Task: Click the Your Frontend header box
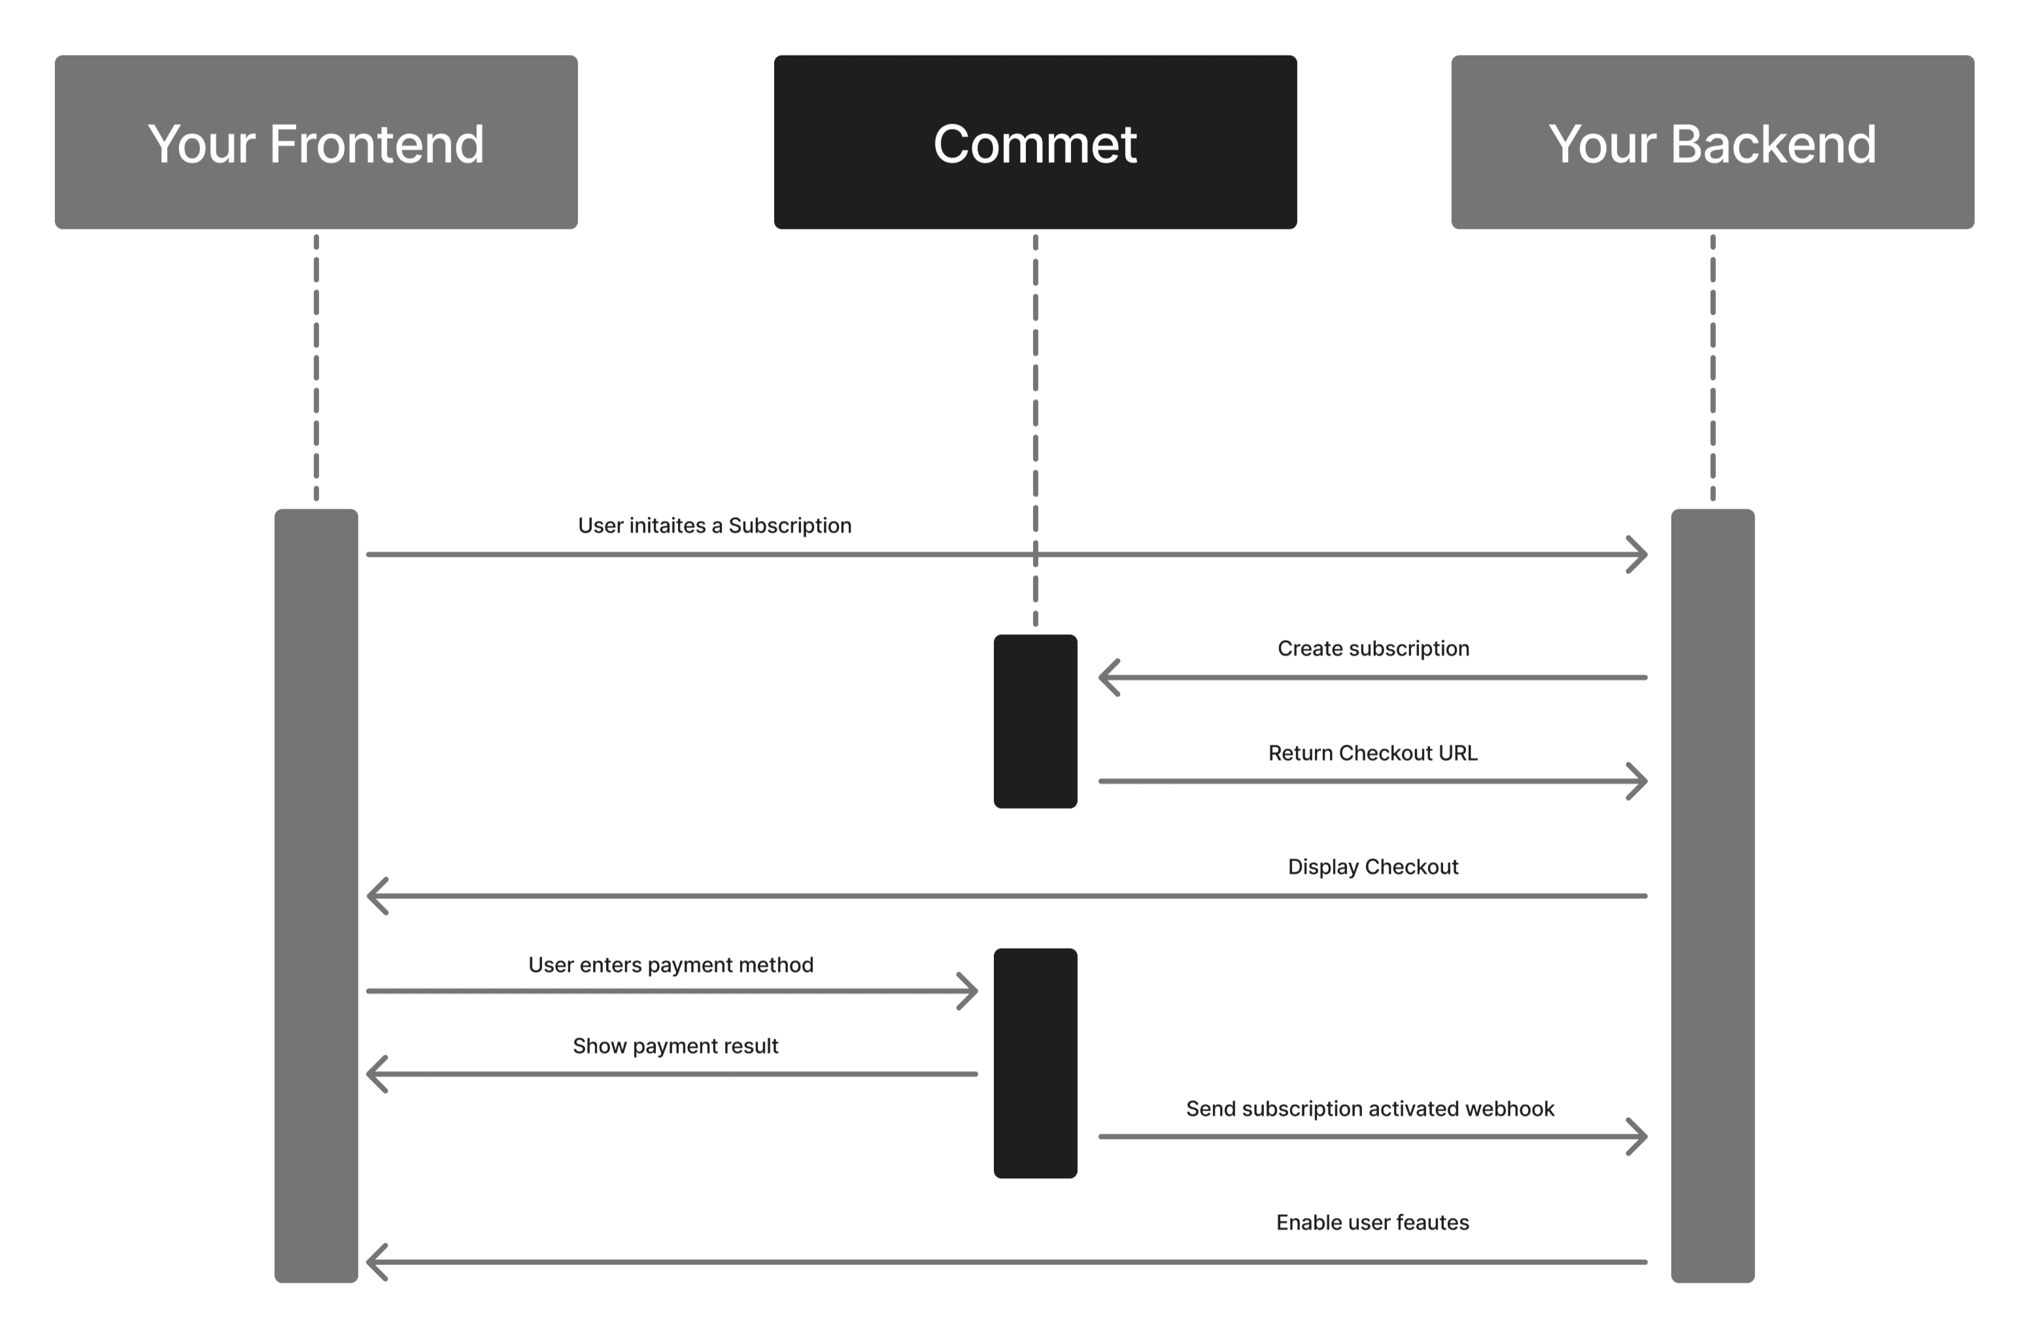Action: [316, 142]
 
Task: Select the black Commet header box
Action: [1034, 142]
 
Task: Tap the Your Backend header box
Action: [1711, 142]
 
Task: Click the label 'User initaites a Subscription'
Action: [714, 525]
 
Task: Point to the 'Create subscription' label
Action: [1373, 648]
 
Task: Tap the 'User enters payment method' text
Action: [670, 964]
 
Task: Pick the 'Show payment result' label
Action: [675, 1045]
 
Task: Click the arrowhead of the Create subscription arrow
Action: [1108, 677]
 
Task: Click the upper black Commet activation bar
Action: [1034, 720]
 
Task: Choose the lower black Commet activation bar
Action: [1034, 1062]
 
